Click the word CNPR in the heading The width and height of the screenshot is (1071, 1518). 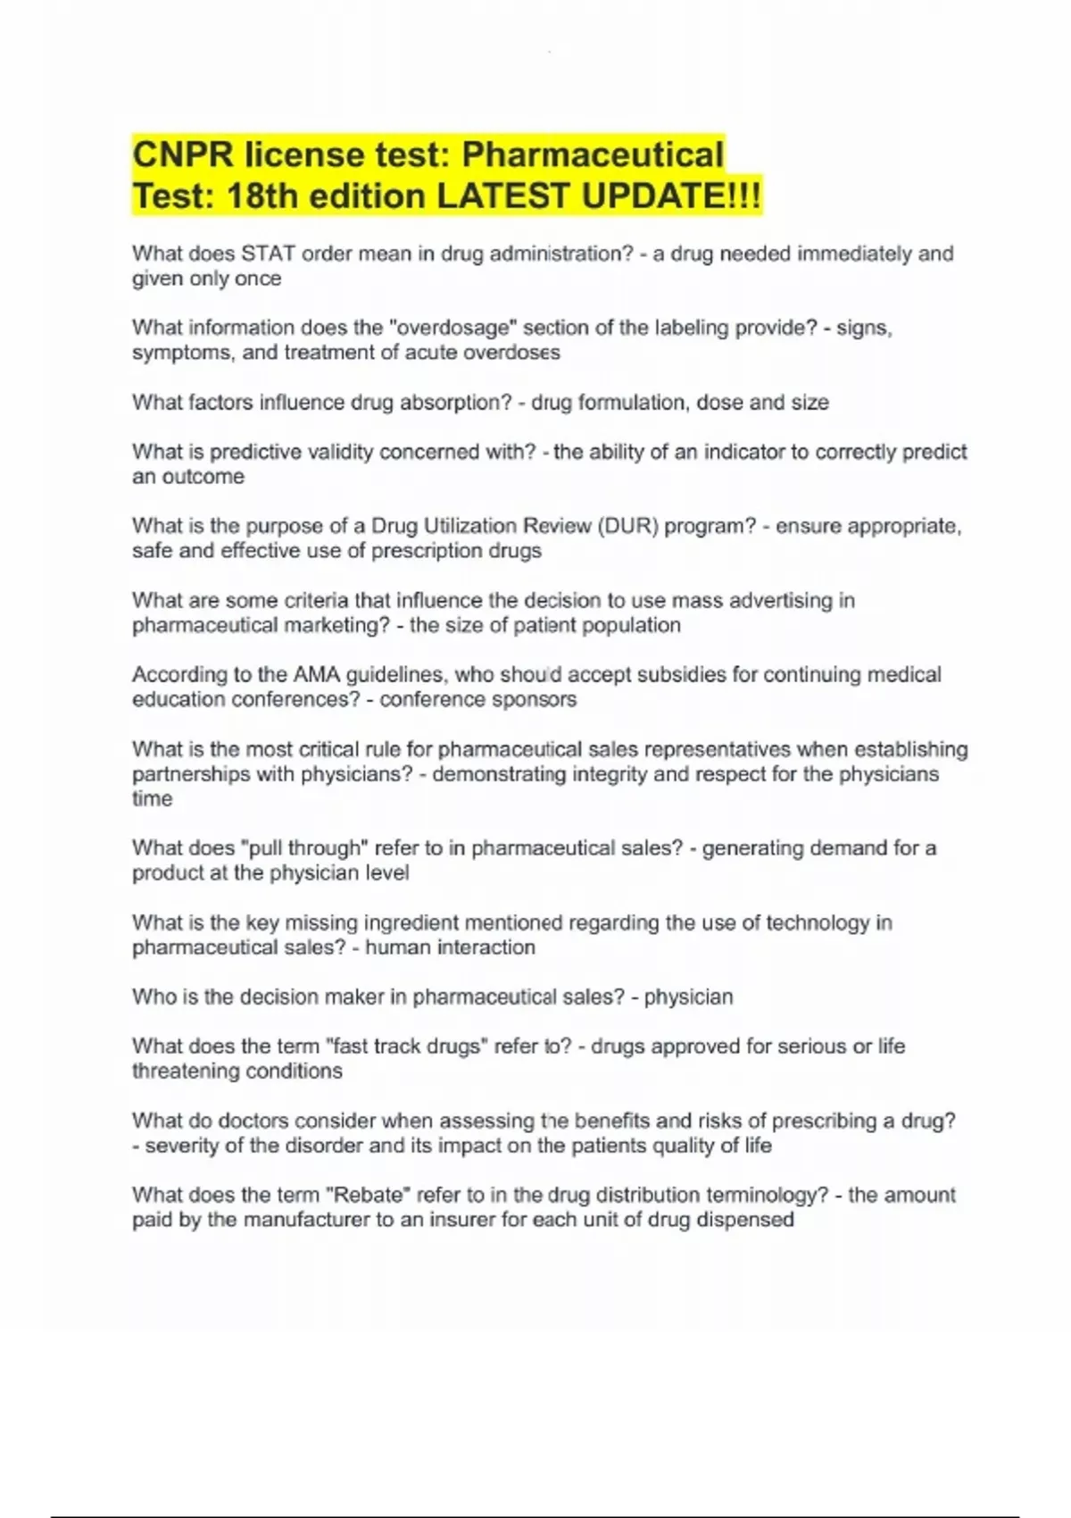(x=183, y=155)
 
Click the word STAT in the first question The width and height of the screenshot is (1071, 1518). (x=268, y=254)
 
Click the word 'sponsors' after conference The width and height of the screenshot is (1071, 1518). (x=535, y=699)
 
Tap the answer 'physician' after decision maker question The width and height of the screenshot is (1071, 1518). (x=688, y=997)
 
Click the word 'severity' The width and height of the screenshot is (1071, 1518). (x=182, y=1146)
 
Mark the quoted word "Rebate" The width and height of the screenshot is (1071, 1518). (x=367, y=1195)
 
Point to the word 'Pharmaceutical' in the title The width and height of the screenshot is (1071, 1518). (x=593, y=155)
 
